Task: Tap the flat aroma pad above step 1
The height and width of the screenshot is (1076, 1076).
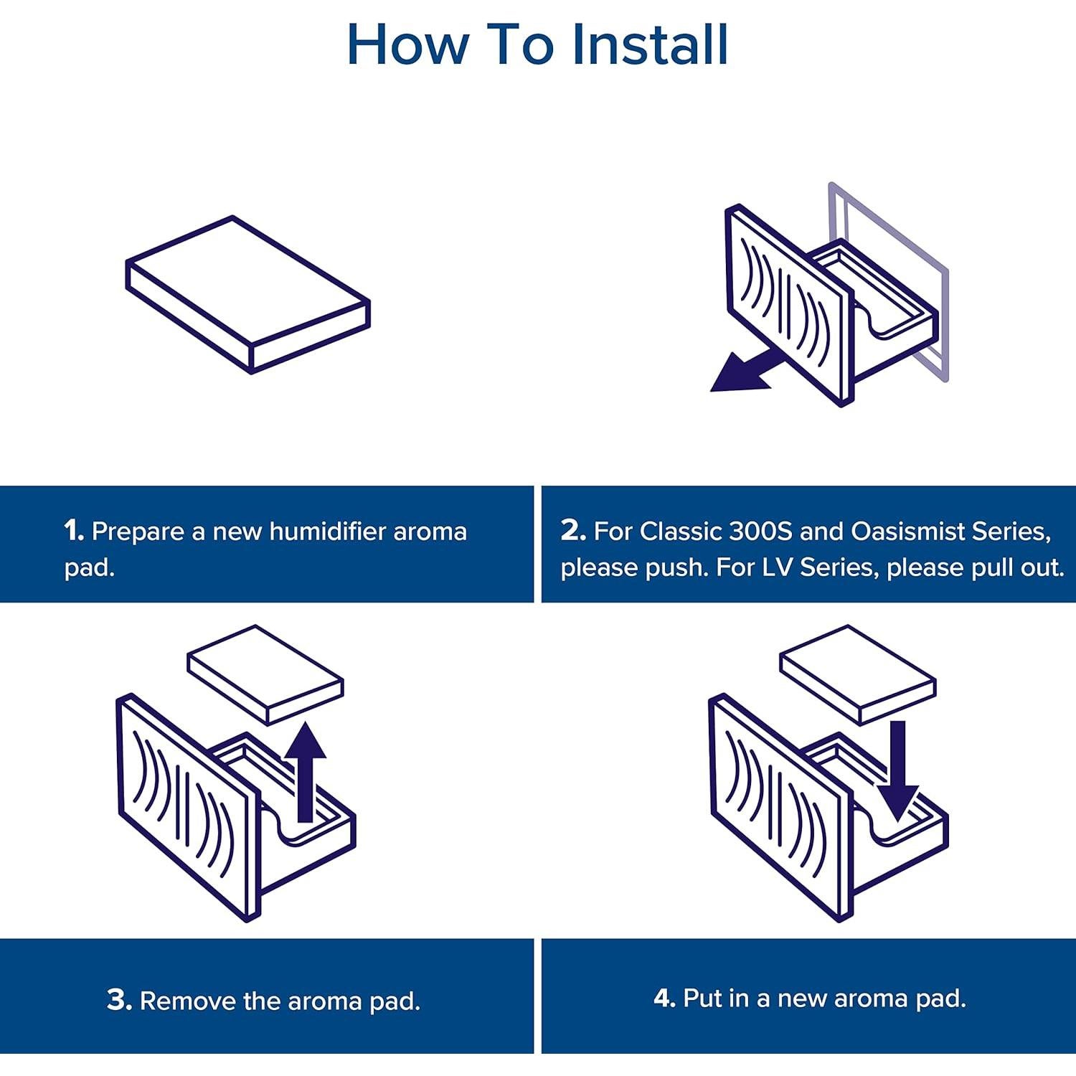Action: [x=248, y=294]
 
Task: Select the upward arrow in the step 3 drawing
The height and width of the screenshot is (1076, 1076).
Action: [x=306, y=772]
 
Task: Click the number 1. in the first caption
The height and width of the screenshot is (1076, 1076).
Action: [x=74, y=532]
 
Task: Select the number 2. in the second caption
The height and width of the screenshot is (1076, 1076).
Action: [x=574, y=531]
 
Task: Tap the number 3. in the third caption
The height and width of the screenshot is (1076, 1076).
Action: [x=119, y=1000]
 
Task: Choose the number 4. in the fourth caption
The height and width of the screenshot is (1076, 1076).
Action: [x=665, y=998]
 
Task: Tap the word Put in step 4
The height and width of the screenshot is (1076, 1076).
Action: [x=705, y=998]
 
